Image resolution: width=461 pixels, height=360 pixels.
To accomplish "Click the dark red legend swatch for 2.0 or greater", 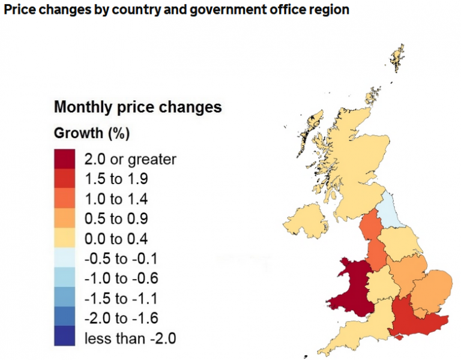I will [x=64, y=160].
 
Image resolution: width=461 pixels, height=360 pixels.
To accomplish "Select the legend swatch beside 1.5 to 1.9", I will [x=64, y=179].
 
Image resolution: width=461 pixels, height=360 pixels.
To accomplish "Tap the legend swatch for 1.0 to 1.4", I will [x=64, y=199].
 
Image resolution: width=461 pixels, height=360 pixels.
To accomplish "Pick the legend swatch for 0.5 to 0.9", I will [x=64, y=218].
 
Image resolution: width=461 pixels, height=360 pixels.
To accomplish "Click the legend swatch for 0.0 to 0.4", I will [x=64, y=238].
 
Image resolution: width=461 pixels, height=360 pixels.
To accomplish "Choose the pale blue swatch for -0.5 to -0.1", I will [x=64, y=258].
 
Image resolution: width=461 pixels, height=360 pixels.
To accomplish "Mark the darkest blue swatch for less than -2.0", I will [x=64, y=337].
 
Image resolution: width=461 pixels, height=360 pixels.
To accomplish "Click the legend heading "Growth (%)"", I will [x=92, y=133].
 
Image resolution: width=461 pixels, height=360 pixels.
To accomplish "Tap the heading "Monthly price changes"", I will [x=138, y=107].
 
